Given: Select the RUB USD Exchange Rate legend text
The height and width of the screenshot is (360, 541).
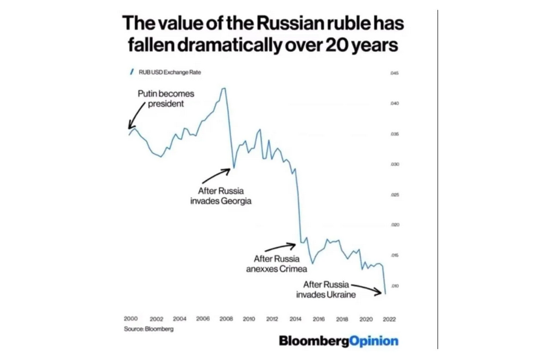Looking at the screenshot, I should click(168, 72).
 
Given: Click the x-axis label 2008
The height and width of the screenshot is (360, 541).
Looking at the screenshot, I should click(225, 319).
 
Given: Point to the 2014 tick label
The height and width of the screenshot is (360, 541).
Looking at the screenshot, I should click(295, 319).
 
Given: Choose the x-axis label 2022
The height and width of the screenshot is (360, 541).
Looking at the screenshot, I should click(389, 319).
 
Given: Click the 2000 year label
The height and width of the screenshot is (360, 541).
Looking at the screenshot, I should click(131, 319).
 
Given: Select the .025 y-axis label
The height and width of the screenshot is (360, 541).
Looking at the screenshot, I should click(395, 195).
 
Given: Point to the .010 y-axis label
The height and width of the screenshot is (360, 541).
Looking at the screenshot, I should click(395, 286).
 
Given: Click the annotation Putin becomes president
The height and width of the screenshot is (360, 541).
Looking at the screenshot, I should click(165, 99).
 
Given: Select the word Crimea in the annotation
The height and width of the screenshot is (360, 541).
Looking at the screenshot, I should click(291, 269).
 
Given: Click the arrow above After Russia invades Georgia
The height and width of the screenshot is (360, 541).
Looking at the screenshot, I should click(220, 173).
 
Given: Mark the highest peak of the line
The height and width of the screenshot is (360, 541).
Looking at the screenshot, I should click(224, 88).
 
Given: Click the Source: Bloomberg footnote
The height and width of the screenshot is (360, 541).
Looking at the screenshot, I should click(148, 329).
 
